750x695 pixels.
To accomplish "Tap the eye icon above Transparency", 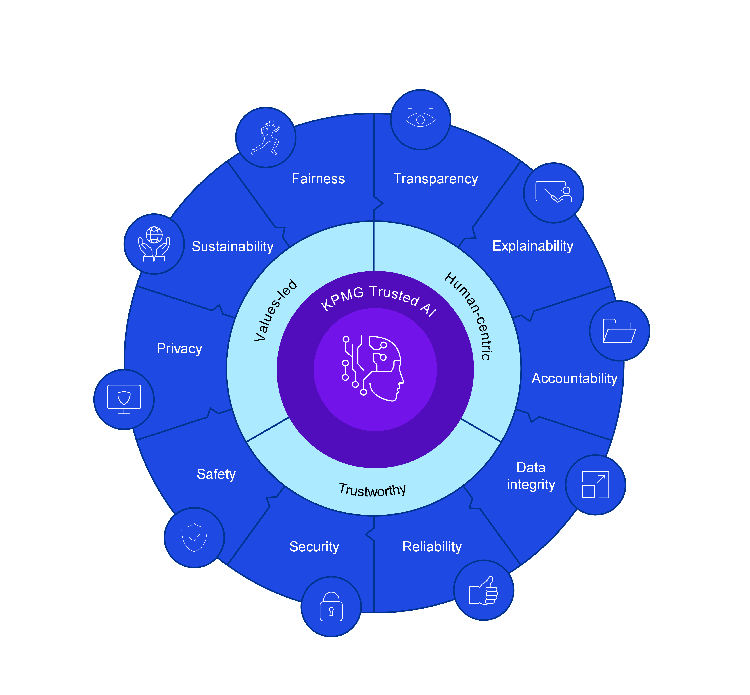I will point(421,120).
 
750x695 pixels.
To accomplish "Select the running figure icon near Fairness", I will point(266,137).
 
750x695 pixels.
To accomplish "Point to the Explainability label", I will point(533,246).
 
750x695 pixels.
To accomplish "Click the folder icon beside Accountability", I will point(619,331).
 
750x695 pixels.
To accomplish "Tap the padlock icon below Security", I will point(331,607).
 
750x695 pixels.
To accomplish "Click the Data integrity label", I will point(531,476).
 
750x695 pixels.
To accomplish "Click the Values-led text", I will point(276,310).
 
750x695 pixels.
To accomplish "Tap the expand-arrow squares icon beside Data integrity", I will point(595,485).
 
